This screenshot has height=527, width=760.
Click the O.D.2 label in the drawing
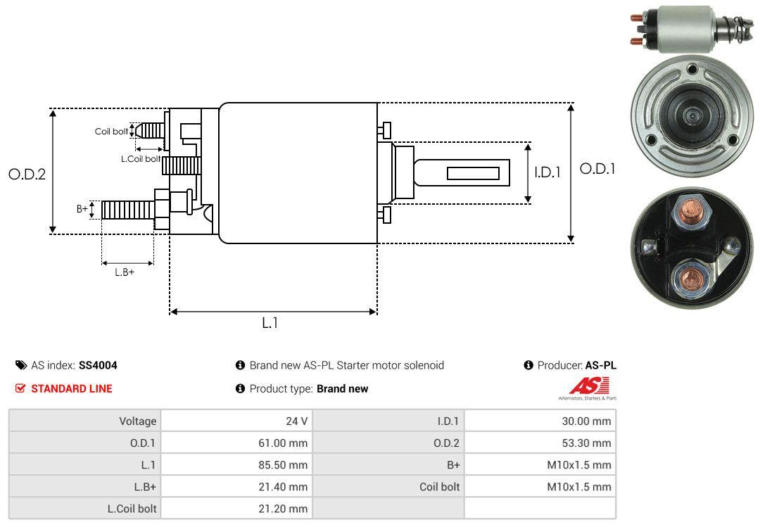pos(27,174)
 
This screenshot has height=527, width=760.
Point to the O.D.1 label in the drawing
pos(597,169)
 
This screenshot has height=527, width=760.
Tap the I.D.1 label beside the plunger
pos(547,172)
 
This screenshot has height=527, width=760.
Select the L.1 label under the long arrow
pos(270,323)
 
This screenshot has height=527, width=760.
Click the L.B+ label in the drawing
pos(125,272)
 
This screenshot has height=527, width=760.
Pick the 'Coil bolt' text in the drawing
pos(111,132)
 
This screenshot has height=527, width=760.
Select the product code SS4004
pos(98,365)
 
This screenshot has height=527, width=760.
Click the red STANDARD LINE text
pos(71,388)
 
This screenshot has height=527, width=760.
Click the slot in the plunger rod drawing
pos(473,173)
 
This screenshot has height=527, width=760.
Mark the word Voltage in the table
pos(137,421)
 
